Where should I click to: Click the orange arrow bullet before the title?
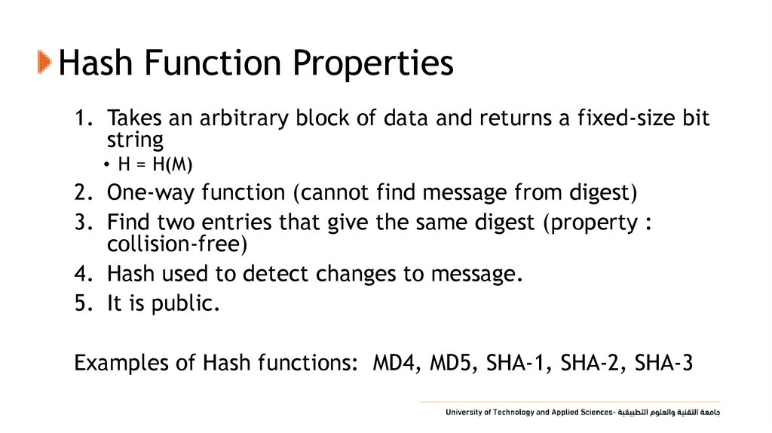44,61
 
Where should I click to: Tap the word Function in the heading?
213,63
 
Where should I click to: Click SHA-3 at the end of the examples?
663,363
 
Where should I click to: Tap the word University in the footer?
464,413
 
